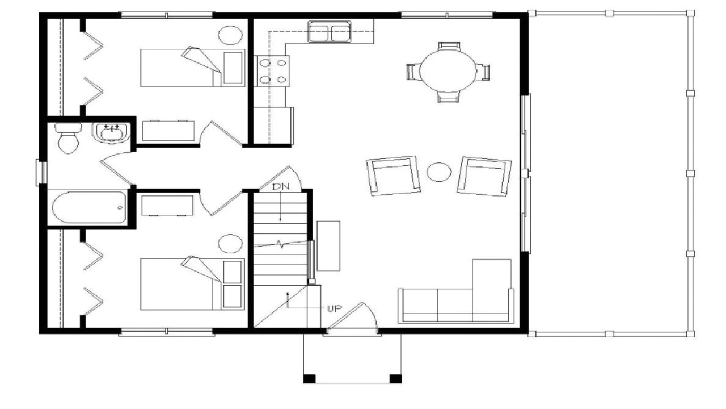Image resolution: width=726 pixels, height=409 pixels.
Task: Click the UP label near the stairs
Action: [x=334, y=308]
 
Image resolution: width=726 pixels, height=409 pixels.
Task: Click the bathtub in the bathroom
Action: [x=88, y=208]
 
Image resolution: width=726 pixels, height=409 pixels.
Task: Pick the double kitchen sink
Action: [x=329, y=32]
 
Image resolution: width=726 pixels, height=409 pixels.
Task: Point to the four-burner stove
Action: [x=272, y=71]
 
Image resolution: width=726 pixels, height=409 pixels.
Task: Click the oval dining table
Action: [x=448, y=71]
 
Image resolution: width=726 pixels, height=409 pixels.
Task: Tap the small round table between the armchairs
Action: [x=438, y=172]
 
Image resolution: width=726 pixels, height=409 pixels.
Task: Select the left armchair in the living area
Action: [x=394, y=176]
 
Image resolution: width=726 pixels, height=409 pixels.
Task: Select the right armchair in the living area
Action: [x=484, y=176]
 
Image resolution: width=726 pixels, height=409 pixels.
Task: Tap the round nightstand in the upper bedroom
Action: [x=230, y=35]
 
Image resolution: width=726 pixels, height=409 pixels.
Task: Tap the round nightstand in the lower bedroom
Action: [x=230, y=244]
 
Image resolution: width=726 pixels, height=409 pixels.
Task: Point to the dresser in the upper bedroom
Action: [x=169, y=131]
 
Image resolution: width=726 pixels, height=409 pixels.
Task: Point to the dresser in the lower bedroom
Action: [x=167, y=206]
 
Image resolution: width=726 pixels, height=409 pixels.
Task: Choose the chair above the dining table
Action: [x=449, y=46]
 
